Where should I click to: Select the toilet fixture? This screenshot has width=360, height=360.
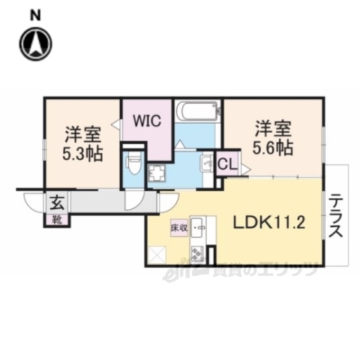[133, 161]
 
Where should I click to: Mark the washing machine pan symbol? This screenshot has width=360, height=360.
[158, 174]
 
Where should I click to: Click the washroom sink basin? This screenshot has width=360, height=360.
[208, 165]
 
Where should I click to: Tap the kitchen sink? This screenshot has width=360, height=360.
[199, 225]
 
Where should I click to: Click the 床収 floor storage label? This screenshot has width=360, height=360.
[178, 225]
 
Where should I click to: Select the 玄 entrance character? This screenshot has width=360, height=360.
[56, 202]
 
